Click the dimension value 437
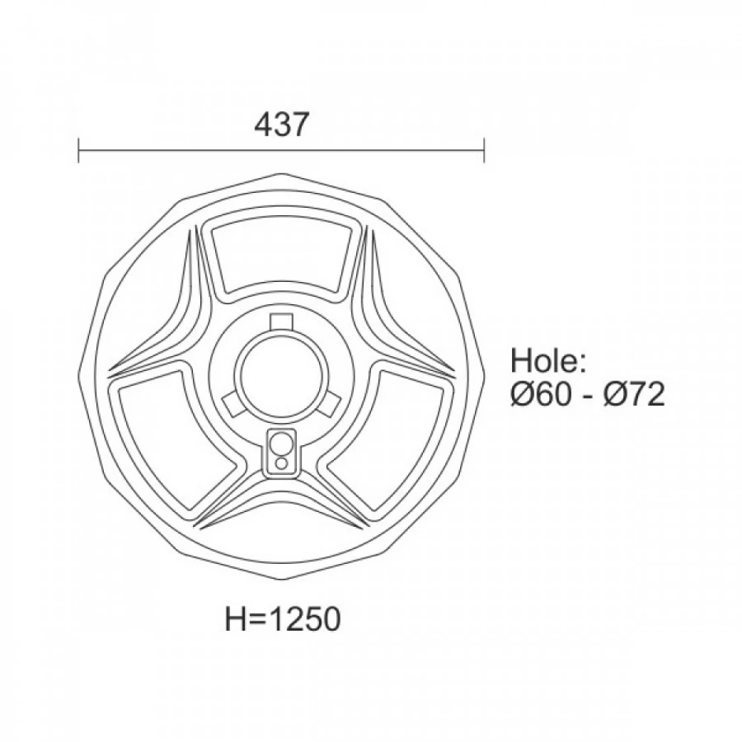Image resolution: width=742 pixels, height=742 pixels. coord(281,125)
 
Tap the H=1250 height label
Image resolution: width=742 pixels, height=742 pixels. coord(283,619)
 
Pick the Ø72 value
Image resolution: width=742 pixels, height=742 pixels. coord(634,394)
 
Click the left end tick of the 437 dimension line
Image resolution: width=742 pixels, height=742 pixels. coord(79,150)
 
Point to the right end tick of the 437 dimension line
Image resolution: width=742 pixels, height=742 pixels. coord(484,150)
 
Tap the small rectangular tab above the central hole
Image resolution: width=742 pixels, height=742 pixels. coord(281,322)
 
